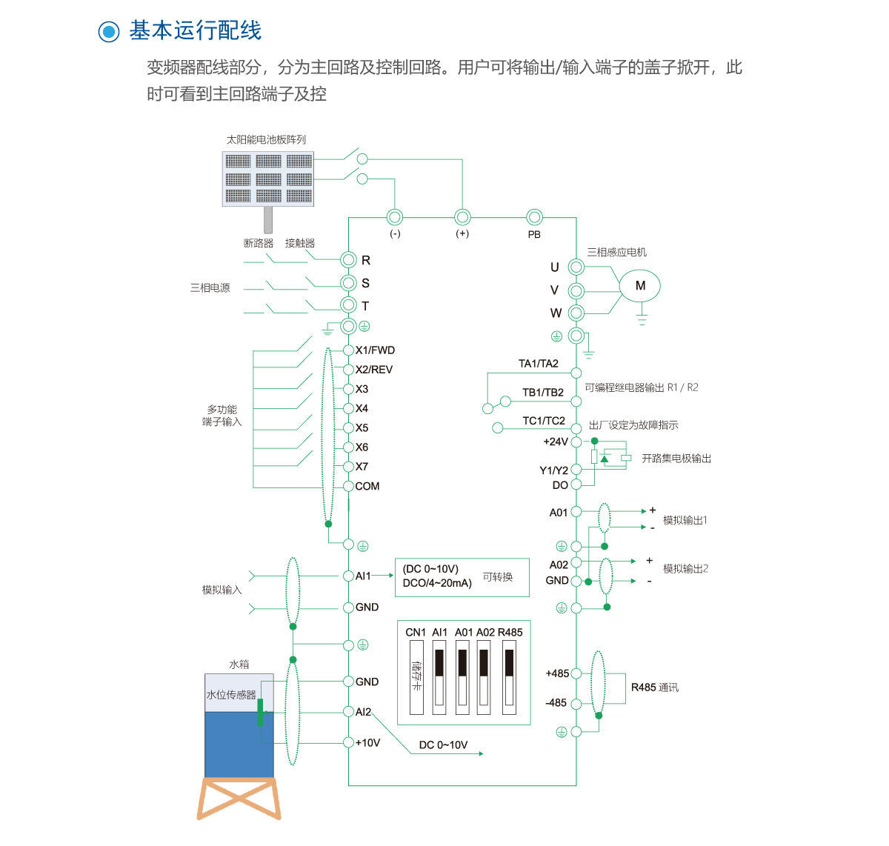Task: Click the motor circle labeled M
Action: (640, 286)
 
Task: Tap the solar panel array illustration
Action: (268, 179)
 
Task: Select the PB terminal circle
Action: (534, 217)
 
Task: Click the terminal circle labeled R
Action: (349, 259)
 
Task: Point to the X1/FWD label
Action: (375, 350)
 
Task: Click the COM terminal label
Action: (367, 486)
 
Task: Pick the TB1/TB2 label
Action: (543, 393)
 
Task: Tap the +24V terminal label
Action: (556, 442)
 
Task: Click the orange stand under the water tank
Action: (239, 799)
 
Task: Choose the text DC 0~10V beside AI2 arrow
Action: (443, 745)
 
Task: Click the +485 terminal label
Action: (557, 673)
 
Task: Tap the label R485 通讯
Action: (655, 687)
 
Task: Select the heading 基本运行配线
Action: (195, 30)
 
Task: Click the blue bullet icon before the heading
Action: (109, 31)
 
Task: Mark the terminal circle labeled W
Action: (576, 313)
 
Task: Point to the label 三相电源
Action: (210, 287)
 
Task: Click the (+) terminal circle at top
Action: (462, 217)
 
